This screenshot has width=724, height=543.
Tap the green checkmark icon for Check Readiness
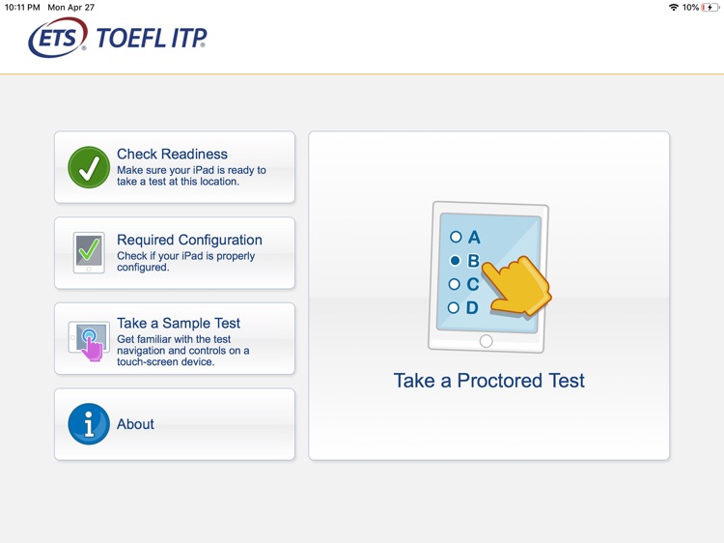pyautogui.click(x=89, y=167)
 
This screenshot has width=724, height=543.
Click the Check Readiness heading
pyautogui.click(x=172, y=154)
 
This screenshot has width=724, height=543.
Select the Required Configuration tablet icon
pyautogui.click(x=89, y=252)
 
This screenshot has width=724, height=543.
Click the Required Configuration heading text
pyautogui.click(x=189, y=240)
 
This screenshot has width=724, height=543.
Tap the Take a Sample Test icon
pyautogui.click(x=89, y=340)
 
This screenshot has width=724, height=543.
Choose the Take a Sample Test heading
pyautogui.click(x=179, y=324)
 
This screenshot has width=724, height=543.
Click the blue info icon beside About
pyautogui.click(x=89, y=424)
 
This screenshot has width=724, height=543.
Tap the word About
pyautogui.click(x=135, y=424)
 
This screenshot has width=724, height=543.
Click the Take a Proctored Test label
pyautogui.click(x=488, y=381)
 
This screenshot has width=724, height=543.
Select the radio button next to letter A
pyautogui.click(x=456, y=237)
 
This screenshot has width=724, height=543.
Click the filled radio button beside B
pyautogui.click(x=455, y=261)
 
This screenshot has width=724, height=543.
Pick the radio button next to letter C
pyautogui.click(x=455, y=284)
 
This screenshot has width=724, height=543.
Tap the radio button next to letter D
pyautogui.click(x=454, y=308)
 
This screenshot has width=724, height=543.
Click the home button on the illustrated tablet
pyautogui.click(x=486, y=341)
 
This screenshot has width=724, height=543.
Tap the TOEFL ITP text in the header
pyautogui.click(x=151, y=39)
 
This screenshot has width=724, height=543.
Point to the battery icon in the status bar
pyautogui.click(x=710, y=7)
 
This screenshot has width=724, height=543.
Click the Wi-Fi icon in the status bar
pyautogui.click(x=673, y=7)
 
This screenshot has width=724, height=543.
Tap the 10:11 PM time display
pyautogui.click(x=22, y=7)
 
